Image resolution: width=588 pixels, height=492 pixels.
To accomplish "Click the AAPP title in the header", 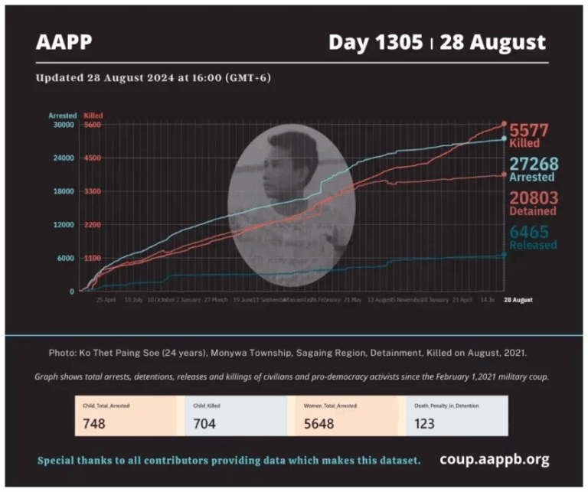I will [x=64, y=41].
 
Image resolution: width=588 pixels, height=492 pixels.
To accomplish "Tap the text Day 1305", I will [x=375, y=41].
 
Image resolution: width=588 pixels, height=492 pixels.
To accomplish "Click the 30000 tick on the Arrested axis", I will [x=62, y=125].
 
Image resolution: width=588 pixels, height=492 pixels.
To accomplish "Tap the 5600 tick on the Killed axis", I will [x=93, y=125].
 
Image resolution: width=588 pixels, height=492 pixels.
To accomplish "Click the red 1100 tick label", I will [x=93, y=258].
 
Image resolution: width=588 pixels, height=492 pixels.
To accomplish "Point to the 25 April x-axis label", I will [x=106, y=300].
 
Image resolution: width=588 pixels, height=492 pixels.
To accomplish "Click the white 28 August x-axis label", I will [x=518, y=300].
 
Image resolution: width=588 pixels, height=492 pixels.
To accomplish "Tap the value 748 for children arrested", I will [x=94, y=423].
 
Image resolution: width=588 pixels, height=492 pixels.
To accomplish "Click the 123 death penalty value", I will [x=426, y=423].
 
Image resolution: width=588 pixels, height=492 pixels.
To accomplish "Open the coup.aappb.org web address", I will [x=494, y=460].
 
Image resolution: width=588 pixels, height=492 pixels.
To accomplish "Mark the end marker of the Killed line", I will [x=504, y=124].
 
